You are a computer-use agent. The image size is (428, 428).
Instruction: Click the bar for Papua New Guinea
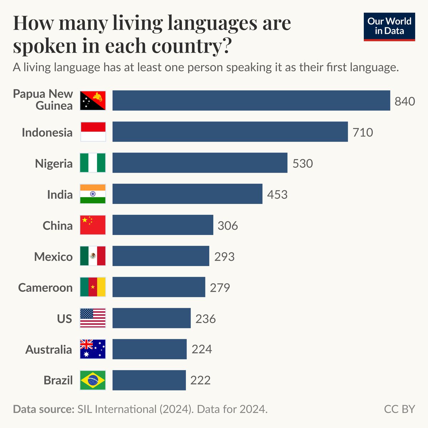pos(251,101)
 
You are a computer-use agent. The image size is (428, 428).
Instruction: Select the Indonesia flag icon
pos(93,132)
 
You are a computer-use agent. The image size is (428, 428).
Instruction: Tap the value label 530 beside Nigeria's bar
pos(302,163)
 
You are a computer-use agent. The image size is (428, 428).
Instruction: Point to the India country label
pos(60,194)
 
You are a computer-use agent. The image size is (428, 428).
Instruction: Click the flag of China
pos(93,225)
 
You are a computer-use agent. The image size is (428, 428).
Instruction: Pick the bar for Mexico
pos(160,256)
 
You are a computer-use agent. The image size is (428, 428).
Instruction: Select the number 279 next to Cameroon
pos(220,287)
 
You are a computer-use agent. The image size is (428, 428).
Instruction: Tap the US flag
pos(93,318)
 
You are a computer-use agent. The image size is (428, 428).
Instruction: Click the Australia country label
pos(49,350)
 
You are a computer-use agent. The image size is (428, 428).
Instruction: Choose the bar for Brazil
pos(149,380)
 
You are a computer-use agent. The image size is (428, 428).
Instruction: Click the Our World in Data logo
pos(389,26)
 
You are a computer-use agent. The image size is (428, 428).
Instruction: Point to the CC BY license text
pos(399,409)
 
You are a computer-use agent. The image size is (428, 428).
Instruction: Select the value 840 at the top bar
pos(404,101)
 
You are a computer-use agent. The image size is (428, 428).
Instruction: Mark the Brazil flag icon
pos(93,380)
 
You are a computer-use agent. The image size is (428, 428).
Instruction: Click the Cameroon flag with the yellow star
pos(93,287)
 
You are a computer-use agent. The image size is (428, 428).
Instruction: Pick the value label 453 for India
pos(277,194)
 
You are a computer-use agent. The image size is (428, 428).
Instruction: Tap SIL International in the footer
pos(117,409)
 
